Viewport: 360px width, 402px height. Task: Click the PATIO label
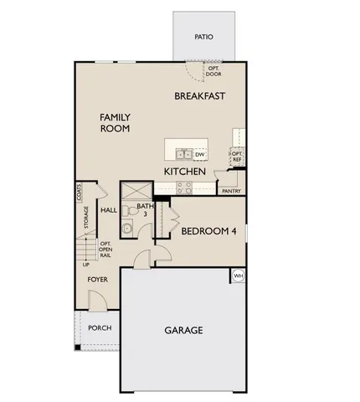[x=203, y=37]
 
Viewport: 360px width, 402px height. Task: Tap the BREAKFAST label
[x=200, y=96]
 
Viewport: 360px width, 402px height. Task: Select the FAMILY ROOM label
[x=116, y=124]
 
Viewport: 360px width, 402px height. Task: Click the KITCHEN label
[x=185, y=171]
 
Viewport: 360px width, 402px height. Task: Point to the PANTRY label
[x=232, y=191]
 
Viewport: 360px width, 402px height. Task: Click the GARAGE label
[x=183, y=330]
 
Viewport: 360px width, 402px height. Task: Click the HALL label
[x=109, y=210]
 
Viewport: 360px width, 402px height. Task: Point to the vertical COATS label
[x=78, y=193]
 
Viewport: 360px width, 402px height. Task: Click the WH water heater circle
[x=238, y=276]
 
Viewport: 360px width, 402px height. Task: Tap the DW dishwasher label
[x=200, y=154]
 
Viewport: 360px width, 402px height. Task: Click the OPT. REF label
[x=237, y=157]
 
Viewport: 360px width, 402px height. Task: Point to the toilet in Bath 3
[x=126, y=228]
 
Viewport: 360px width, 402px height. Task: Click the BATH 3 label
[x=145, y=209]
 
